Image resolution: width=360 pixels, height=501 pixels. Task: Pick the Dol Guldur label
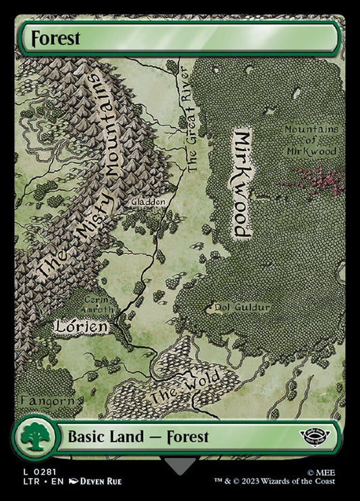[242, 308]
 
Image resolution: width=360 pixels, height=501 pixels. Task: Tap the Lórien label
[81, 327]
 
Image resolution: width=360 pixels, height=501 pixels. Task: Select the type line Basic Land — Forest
[138, 437]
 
